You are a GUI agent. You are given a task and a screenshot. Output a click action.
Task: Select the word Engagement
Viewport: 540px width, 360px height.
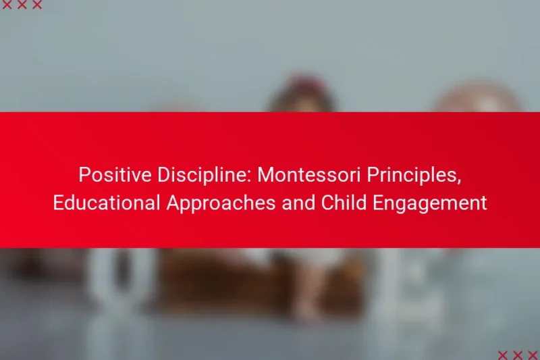[x=431, y=203]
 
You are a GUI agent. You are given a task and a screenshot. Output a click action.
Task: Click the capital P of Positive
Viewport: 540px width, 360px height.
[x=84, y=175]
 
